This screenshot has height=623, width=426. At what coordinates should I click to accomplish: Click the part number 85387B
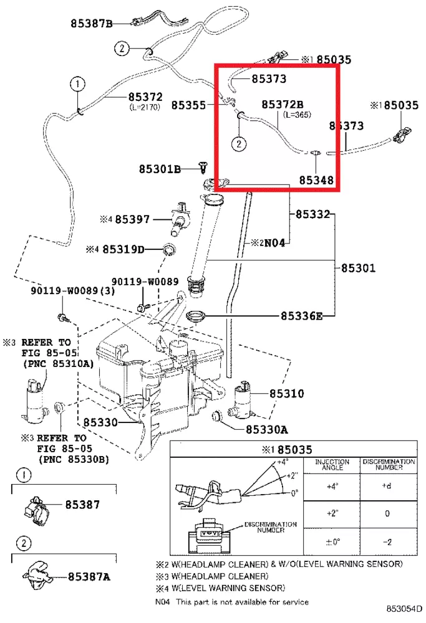pos(91,24)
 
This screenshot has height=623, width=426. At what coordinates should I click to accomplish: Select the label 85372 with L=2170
pos(145,97)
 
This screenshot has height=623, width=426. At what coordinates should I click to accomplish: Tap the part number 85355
pos(188,105)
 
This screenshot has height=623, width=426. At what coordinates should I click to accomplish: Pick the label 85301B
pos(160,169)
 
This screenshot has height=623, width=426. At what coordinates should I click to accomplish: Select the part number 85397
pos(132,219)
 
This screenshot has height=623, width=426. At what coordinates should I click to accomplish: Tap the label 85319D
pos(123,249)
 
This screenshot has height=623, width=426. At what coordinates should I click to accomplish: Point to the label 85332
pos(312,214)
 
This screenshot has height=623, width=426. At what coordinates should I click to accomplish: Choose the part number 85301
pos(358,269)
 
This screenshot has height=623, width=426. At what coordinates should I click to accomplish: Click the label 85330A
pos(266,429)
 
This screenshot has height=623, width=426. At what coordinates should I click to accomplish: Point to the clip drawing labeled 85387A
pos(37,574)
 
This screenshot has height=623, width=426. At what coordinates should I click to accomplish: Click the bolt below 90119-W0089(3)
pos(62,318)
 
